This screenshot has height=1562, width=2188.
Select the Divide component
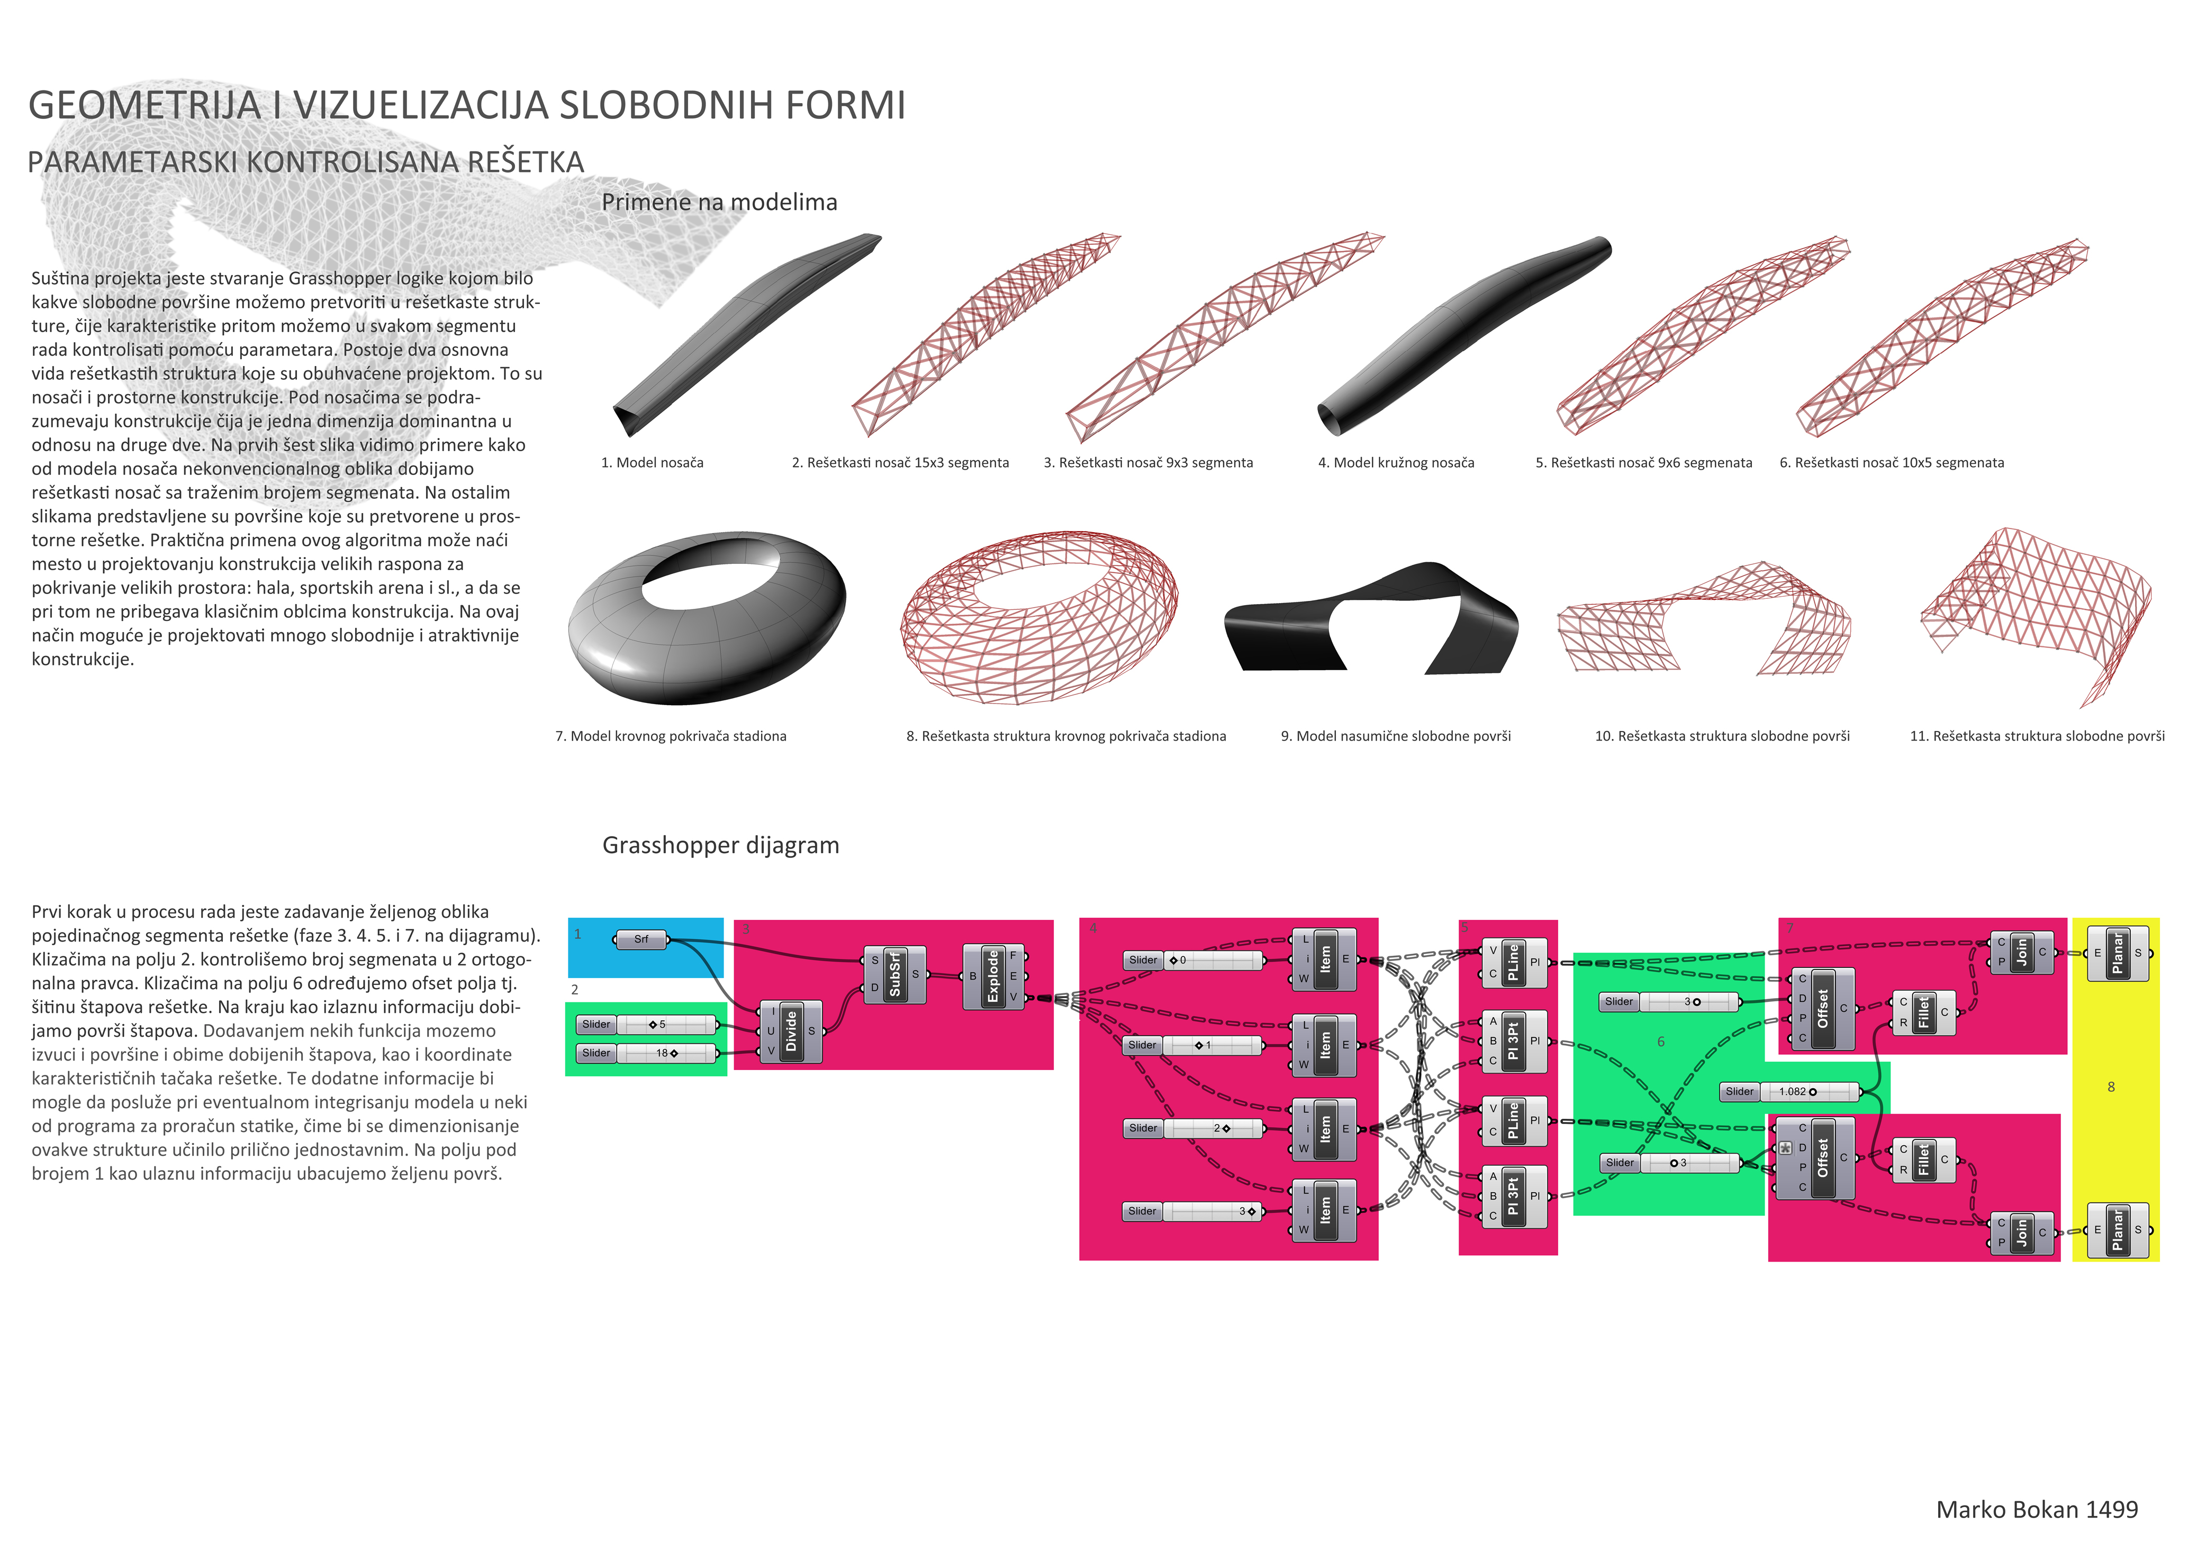coord(791,1031)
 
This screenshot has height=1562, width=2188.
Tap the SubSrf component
coord(895,974)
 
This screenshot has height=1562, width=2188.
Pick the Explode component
coord(993,976)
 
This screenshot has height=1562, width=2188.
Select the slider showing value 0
coord(1193,960)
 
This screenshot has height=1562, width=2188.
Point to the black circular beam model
coord(1462,336)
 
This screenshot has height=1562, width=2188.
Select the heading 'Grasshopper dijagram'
coord(721,845)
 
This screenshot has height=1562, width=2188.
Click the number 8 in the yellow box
coord(2111,1087)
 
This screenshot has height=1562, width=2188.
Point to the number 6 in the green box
coord(1661,1042)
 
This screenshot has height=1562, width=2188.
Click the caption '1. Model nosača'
coord(653,463)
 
